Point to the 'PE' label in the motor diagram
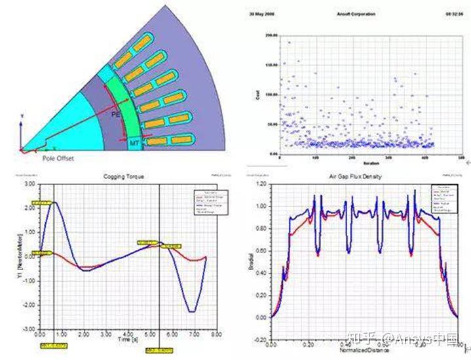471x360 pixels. [x=115, y=114]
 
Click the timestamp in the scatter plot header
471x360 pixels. [x=454, y=12]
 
